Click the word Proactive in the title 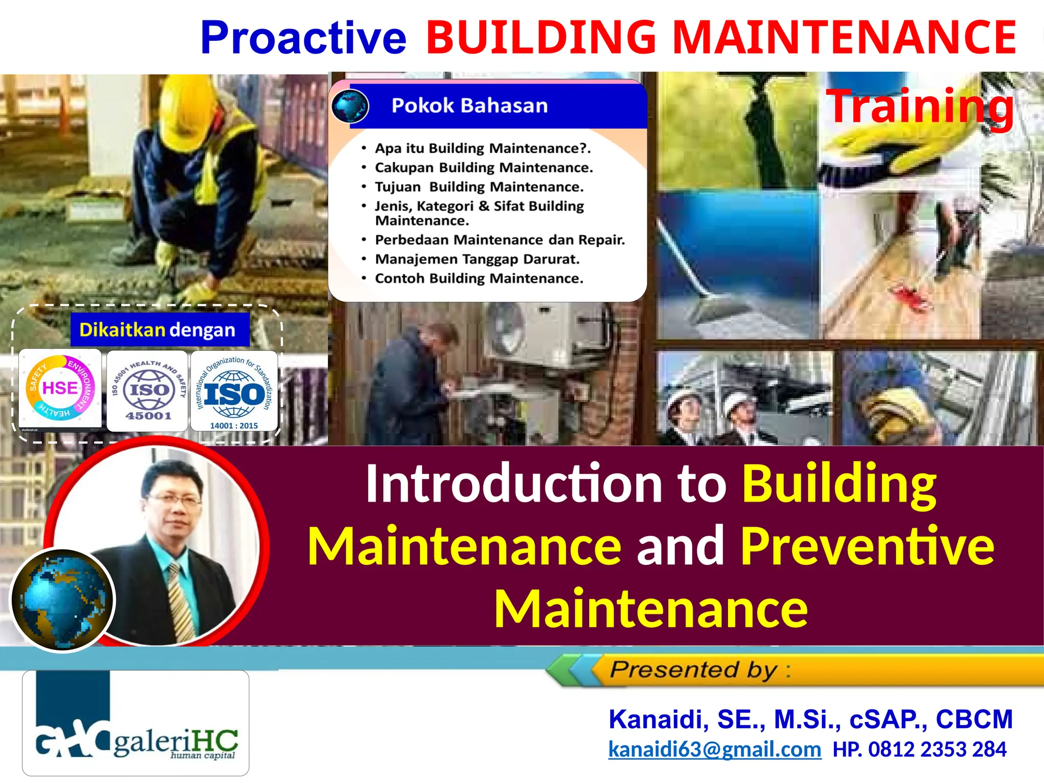coord(303,38)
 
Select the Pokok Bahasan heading coord(469,106)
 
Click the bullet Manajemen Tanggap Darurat coord(477,259)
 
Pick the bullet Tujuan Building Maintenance coord(479,187)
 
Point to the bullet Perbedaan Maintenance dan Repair coord(500,240)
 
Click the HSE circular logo coord(60,388)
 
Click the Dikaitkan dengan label coord(158,330)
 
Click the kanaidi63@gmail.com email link coord(715,749)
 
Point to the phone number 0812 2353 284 coord(937,749)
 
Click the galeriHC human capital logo coord(136,724)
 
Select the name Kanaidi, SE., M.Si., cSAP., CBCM coord(811,719)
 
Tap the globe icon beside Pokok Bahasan coord(350,106)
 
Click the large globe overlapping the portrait coord(62,601)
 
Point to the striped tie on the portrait coord(181,602)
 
